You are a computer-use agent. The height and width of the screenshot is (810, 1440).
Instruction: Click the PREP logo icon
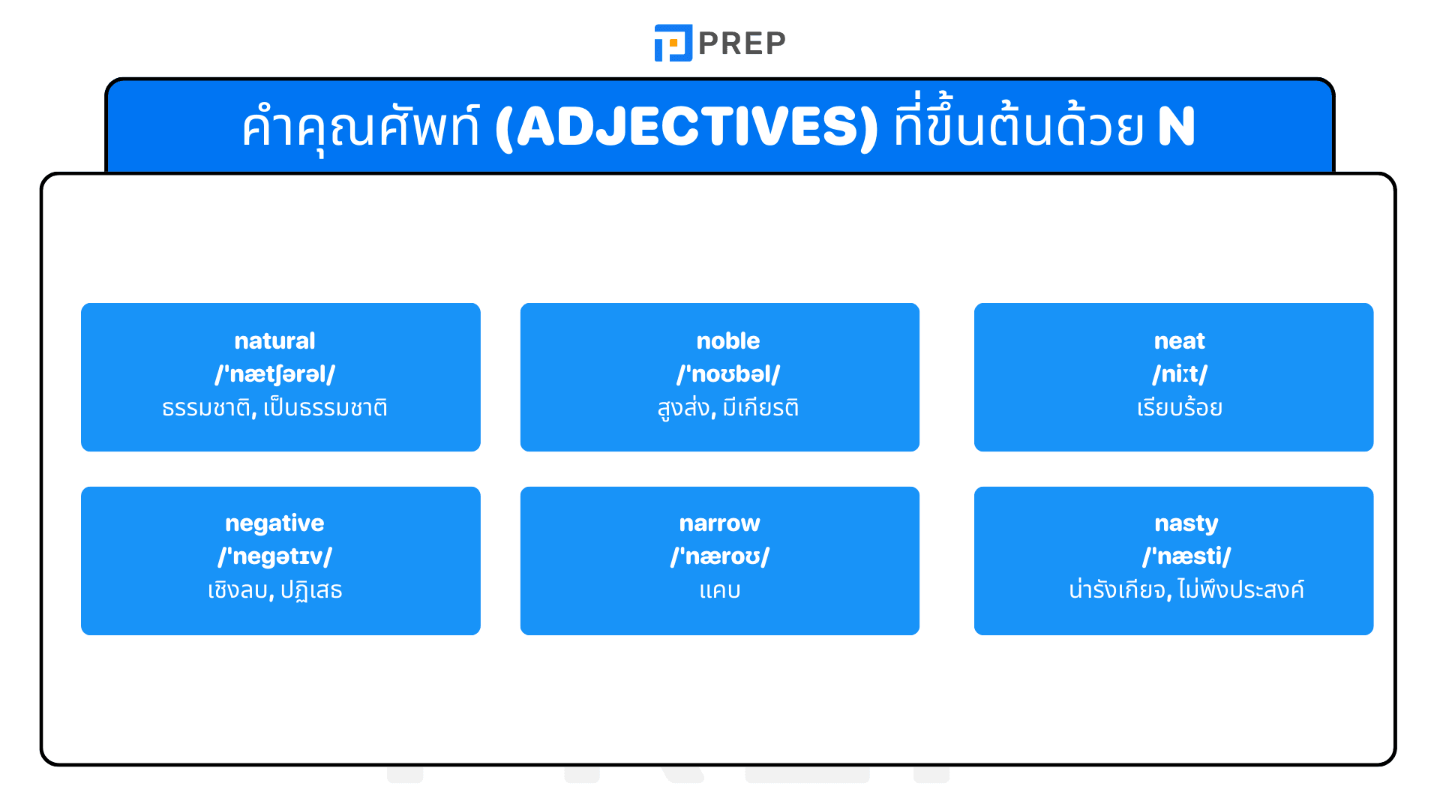click(x=673, y=43)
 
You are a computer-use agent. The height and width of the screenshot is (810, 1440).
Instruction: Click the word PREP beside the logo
click(x=742, y=43)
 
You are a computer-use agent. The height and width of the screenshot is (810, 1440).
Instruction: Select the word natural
click(x=274, y=341)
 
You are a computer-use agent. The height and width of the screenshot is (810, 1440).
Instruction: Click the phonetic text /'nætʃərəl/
click(x=274, y=374)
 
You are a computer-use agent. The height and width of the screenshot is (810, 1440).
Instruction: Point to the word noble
click(x=727, y=341)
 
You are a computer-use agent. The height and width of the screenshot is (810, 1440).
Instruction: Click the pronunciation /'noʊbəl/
click(x=727, y=374)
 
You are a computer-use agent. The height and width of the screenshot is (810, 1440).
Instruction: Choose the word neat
click(x=1179, y=341)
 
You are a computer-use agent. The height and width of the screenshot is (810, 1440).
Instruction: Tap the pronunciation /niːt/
click(x=1179, y=374)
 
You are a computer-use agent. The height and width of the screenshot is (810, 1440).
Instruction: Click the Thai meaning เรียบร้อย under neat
click(x=1179, y=408)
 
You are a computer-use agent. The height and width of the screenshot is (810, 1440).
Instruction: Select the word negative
click(x=274, y=523)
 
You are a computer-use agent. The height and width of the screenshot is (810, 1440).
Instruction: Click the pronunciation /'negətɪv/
click(x=274, y=556)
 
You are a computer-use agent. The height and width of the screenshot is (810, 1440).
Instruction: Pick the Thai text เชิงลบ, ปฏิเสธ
click(x=274, y=590)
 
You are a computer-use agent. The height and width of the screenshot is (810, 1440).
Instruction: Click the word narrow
click(x=719, y=523)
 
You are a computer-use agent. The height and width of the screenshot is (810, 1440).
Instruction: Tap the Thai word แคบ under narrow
click(x=719, y=591)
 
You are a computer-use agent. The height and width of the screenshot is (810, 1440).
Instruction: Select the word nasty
click(x=1186, y=523)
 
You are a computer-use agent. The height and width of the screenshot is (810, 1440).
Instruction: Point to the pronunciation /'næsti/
click(x=1186, y=556)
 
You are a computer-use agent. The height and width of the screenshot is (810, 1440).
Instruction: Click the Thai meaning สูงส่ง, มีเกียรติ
click(x=727, y=408)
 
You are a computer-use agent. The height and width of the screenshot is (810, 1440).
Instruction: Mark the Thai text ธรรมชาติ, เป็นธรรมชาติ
click(x=274, y=408)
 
